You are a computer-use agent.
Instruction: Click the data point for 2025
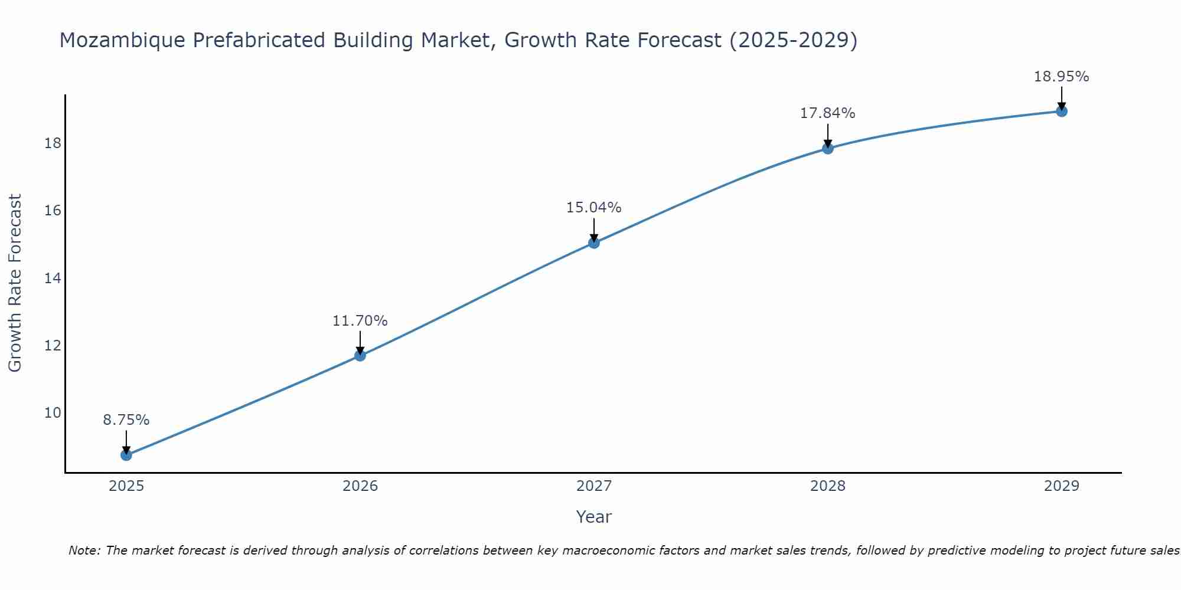[126, 455]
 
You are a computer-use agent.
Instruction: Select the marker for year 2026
[360, 355]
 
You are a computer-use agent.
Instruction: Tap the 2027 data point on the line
[594, 242]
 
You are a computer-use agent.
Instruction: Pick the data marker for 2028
[828, 148]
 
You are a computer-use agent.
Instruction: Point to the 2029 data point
[1062, 111]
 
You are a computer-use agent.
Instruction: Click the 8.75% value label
[126, 420]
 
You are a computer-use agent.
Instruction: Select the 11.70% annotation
[360, 321]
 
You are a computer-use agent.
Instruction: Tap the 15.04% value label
[594, 208]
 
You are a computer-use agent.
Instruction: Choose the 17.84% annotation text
[828, 113]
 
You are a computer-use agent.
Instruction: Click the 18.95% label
[1062, 77]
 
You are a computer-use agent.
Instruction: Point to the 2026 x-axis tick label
[360, 486]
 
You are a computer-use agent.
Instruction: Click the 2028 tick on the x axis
[828, 486]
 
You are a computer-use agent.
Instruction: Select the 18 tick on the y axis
[53, 143]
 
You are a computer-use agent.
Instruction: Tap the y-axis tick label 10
[53, 412]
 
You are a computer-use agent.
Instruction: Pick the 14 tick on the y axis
[53, 278]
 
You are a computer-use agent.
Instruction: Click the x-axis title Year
[594, 517]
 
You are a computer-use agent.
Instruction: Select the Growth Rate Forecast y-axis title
[15, 283]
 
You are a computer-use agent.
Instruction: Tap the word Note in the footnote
[84, 551]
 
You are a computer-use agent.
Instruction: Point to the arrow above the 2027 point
[594, 229]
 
